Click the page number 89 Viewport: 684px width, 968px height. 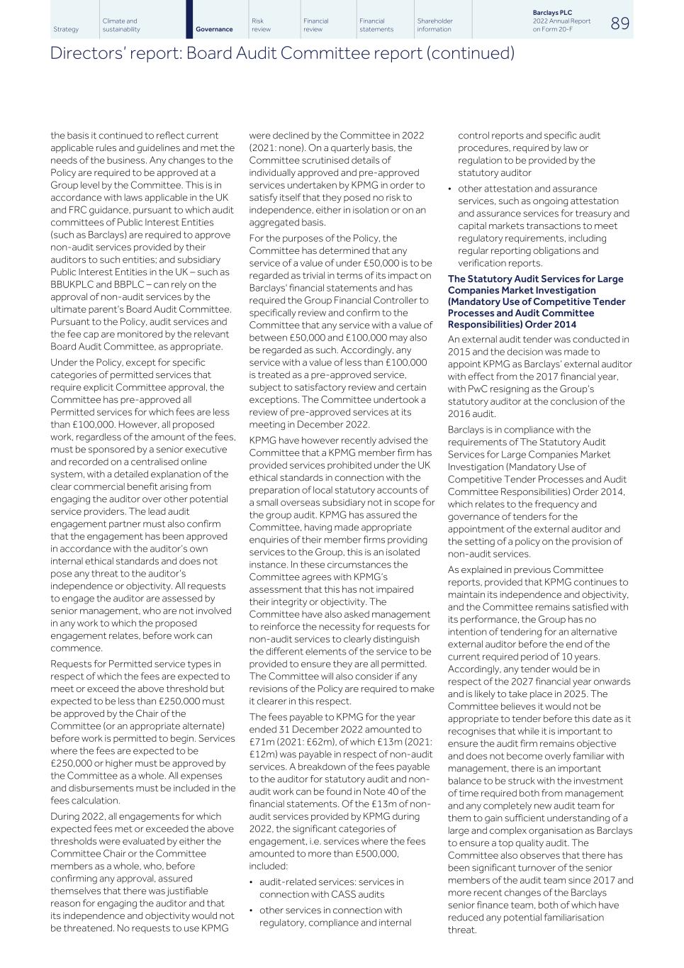coord(619,23)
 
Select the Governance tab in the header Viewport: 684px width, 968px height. coord(213,29)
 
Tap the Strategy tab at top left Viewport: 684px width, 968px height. coord(66,29)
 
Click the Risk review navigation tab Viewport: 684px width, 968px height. coord(261,26)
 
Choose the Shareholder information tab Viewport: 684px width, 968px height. coord(434,26)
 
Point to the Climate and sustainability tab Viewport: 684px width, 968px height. coord(121,26)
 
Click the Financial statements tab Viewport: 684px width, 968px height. coord(376,26)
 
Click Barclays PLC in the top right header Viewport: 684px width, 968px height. coord(552,13)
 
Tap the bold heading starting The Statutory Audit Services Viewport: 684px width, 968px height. coord(536,301)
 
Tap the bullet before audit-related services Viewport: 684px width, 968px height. coord(252,882)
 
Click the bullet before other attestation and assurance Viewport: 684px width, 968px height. coord(450,189)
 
